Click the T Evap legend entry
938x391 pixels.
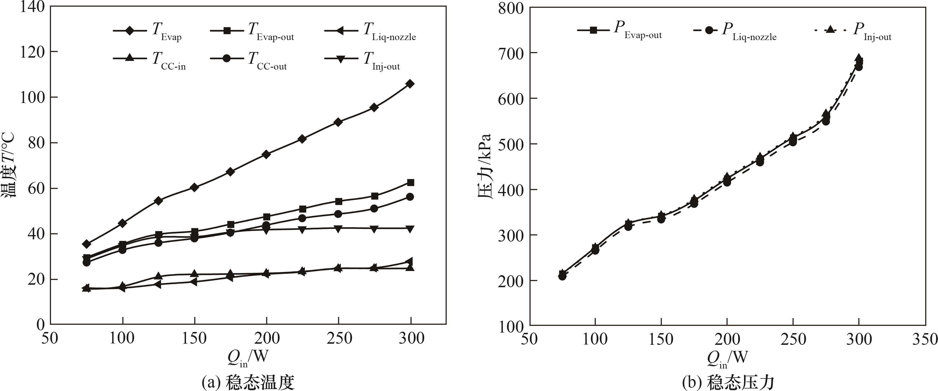pyautogui.click(x=147, y=31)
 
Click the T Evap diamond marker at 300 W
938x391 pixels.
pyautogui.click(x=410, y=84)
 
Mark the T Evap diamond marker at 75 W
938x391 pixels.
pyautogui.click(x=87, y=244)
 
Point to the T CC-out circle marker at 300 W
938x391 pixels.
pyautogui.click(x=410, y=197)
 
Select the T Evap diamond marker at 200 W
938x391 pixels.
pyautogui.click(x=266, y=154)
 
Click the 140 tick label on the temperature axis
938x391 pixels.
pyautogui.click(x=32, y=7)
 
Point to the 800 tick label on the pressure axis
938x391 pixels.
pyautogui.click(x=511, y=8)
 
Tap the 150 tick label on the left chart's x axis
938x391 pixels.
pyautogui.click(x=194, y=338)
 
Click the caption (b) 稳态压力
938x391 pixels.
pyautogui.click(x=728, y=383)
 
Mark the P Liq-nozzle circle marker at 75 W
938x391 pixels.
pyautogui.click(x=562, y=276)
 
